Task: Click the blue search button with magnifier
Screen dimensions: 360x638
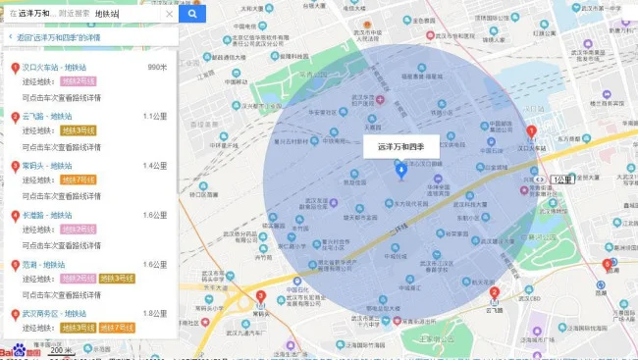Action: tap(192, 14)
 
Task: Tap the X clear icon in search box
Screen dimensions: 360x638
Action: tap(169, 14)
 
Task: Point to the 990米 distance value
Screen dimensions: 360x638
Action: tap(157, 67)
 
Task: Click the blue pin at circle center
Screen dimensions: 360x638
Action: tap(399, 171)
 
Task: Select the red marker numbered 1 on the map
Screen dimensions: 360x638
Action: tap(531, 132)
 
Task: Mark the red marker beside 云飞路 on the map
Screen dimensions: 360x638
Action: tap(495, 291)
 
